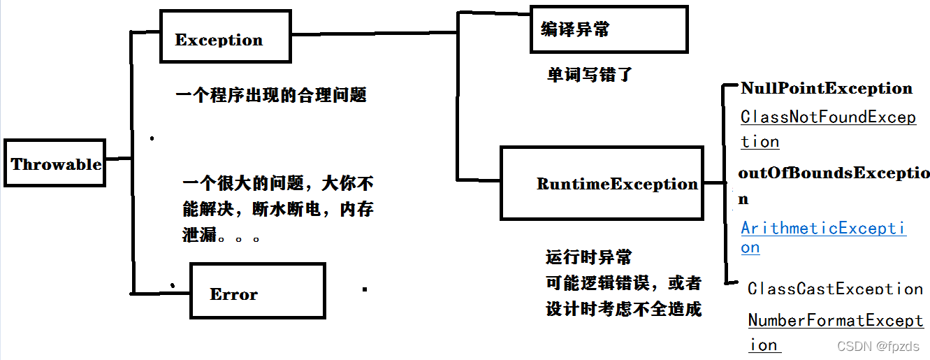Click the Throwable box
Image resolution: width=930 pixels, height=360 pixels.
[55, 164]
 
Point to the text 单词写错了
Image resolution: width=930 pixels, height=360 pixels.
[589, 74]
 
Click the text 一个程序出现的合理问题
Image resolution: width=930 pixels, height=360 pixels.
[271, 95]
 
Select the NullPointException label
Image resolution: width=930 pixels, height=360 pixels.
[827, 88]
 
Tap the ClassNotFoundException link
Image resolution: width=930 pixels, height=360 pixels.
[828, 117]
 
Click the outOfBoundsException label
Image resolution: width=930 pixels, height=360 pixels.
[834, 173]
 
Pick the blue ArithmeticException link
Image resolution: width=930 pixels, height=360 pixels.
[823, 229]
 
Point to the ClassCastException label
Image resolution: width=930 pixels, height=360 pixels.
[835, 288]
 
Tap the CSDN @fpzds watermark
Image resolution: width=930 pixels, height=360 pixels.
[878, 347]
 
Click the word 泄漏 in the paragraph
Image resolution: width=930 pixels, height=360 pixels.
[200, 235]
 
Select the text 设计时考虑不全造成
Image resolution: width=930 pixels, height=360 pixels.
[623, 308]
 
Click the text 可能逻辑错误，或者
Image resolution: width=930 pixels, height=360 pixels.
[623, 283]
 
